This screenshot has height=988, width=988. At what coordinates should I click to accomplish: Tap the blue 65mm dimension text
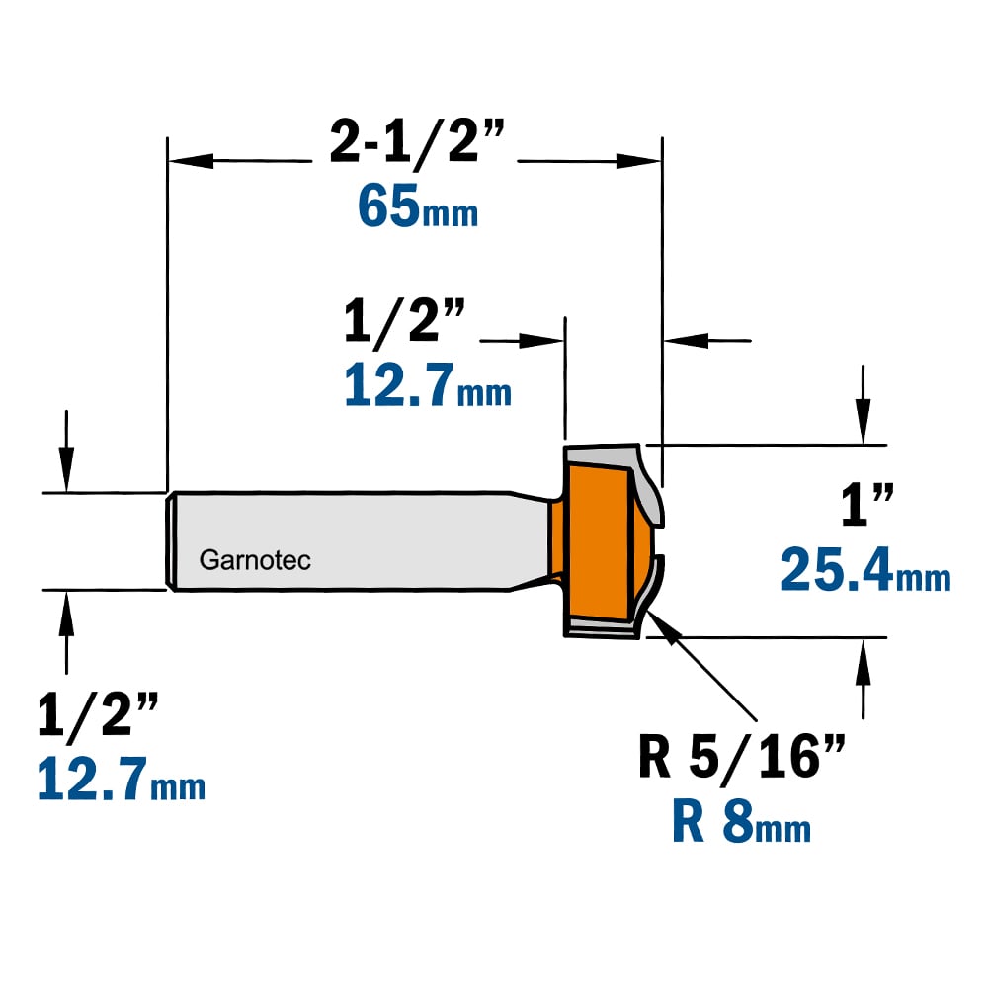418,206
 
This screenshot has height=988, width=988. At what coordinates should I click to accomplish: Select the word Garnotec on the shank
255,560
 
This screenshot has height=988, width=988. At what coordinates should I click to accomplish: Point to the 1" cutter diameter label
867,504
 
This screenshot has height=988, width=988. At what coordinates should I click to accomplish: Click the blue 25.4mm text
865,570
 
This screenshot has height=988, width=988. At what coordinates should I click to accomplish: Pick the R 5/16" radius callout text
742,756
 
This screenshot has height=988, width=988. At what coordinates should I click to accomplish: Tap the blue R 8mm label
742,820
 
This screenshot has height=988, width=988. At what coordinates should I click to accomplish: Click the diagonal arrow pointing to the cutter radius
700,665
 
